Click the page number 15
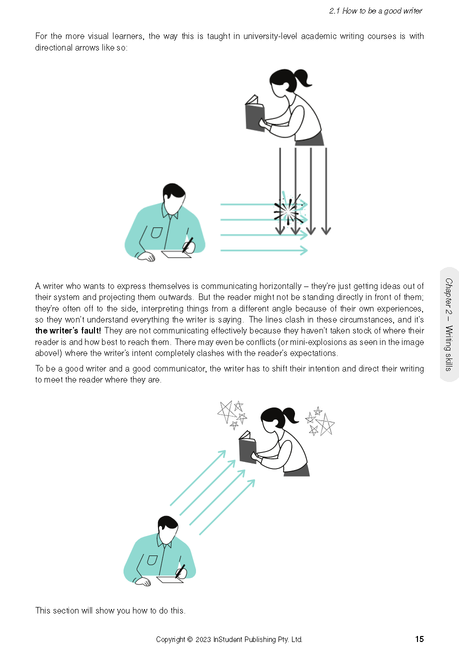pyautogui.click(x=419, y=639)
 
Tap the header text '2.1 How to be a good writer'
pyautogui.click(x=375, y=11)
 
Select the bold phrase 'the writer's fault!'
pyautogui.click(x=68, y=330)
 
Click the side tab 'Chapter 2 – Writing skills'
pyautogui.click(x=449, y=324)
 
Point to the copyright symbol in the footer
pyautogui.click(x=190, y=639)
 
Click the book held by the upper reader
pyautogui.click(x=255, y=114)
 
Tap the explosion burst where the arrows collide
pyautogui.click(x=288, y=210)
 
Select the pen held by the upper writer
pyautogui.click(x=187, y=245)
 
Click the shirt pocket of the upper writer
pyautogui.click(x=157, y=232)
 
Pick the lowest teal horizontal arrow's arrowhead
pyautogui.click(x=303, y=250)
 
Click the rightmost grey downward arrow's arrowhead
pyautogui.click(x=326, y=230)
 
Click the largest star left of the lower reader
pyautogui.click(x=226, y=411)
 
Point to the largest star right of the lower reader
pyautogui.click(x=325, y=424)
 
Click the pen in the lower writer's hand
pyautogui.click(x=180, y=571)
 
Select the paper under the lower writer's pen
pyautogui.click(x=170, y=579)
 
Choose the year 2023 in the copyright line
pyautogui.click(x=203, y=639)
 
